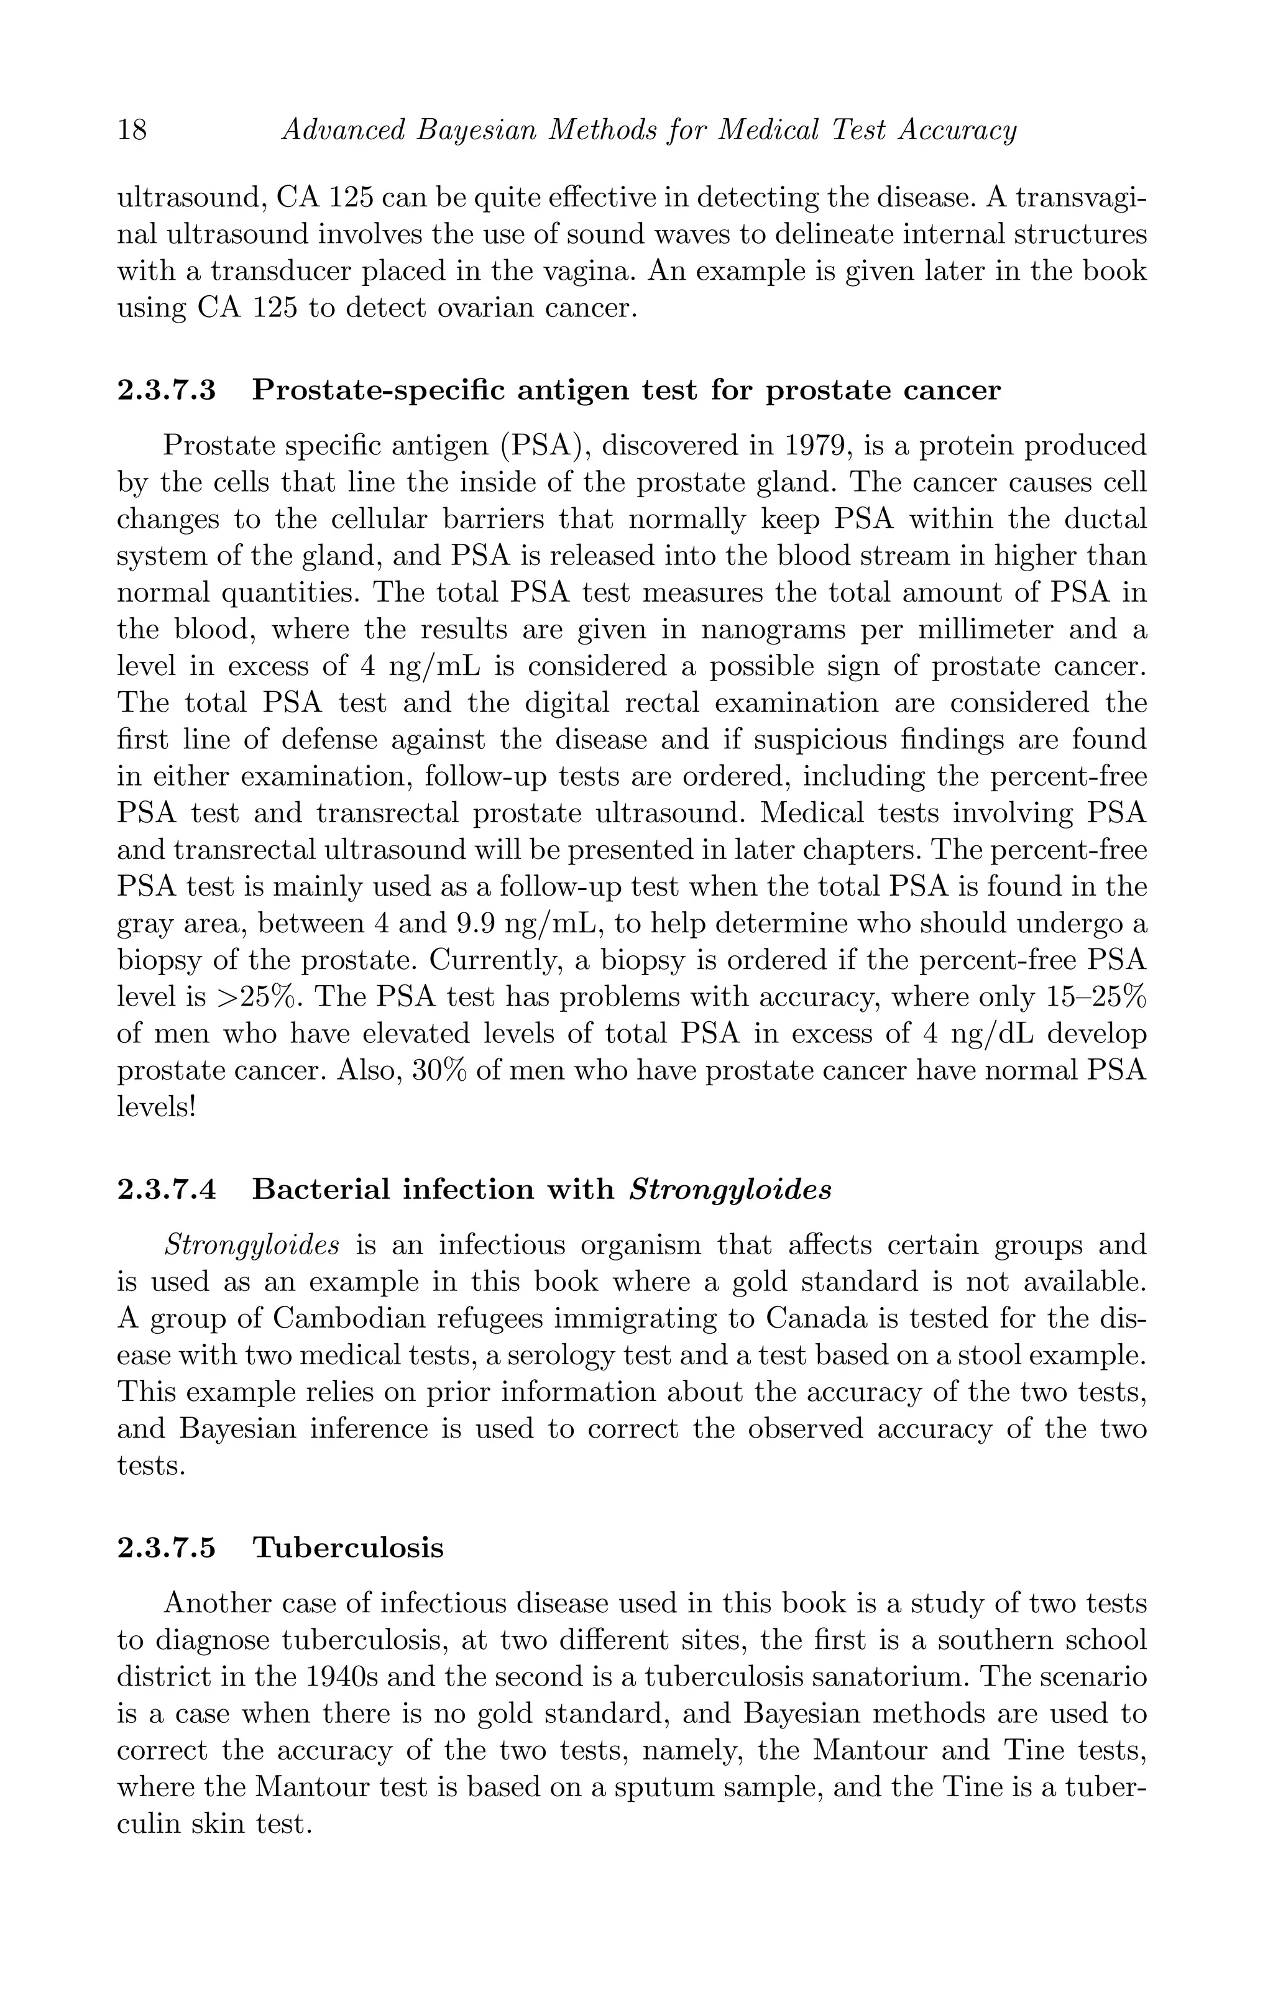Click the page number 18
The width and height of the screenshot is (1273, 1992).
pyautogui.click(x=132, y=131)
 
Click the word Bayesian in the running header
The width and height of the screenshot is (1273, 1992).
pyautogui.click(x=472, y=131)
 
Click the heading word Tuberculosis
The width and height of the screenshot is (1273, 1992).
pyautogui.click(x=347, y=1548)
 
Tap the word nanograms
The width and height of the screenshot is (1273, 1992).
pyautogui.click(x=773, y=630)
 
